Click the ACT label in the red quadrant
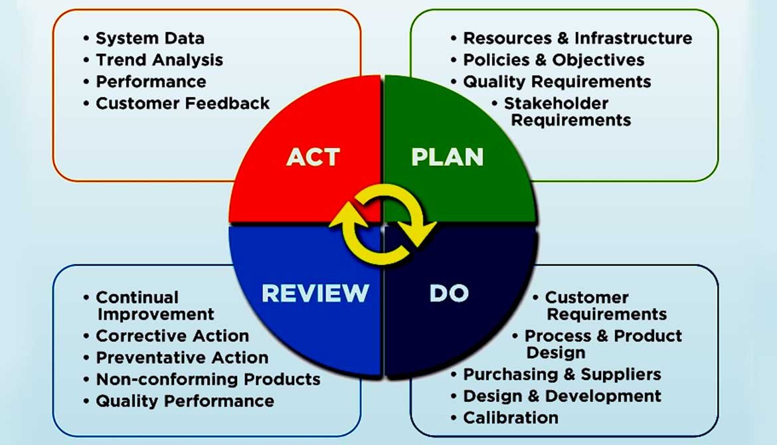coord(313,157)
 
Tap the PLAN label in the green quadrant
coord(447,157)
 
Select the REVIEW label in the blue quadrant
coord(315,293)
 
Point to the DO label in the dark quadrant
coord(449,293)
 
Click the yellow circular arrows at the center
coord(383,225)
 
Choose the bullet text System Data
coord(150,38)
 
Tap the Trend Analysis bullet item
coord(159,60)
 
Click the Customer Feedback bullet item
coord(183,103)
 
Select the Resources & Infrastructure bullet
coord(577,38)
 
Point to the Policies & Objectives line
coord(553,60)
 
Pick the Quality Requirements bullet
coord(557,82)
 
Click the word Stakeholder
coord(556,103)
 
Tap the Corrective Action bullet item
coord(172,335)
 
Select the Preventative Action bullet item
coord(182,357)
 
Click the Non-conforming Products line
coord(208,379)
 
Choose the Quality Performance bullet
coord(185,401)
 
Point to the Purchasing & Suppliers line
coord(562,374)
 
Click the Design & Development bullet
coord(562,396)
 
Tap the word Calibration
coord(510,418)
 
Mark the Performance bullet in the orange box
coord(151,82)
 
